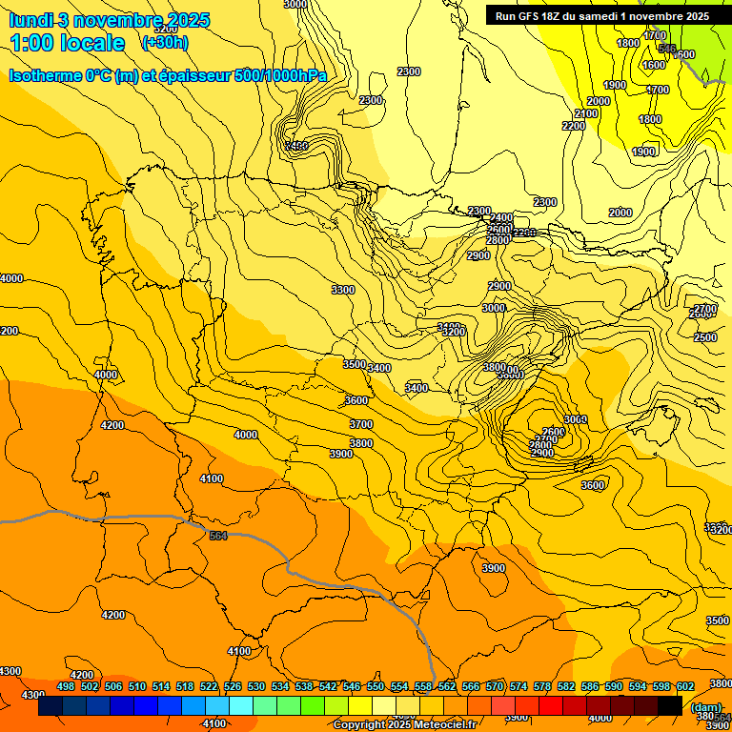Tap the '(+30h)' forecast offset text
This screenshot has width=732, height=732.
tap(165, 42)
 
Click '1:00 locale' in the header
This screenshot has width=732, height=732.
tap(68, 43)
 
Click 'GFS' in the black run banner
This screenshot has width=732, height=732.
tap(531, 16)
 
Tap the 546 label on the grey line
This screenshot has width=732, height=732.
tap(667, 49)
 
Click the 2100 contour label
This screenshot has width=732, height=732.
tap(586, 113)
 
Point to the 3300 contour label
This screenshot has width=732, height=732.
tap(342, 290)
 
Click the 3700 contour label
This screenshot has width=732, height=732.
tap(360, 424)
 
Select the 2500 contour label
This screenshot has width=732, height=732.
tap(705, 337)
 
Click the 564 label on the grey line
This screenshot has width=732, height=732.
tap(218, 537)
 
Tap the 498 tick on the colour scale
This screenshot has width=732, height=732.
tap(66, 686)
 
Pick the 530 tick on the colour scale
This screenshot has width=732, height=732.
tap(256, 686)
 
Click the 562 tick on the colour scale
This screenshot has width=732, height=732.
tap(447, 686)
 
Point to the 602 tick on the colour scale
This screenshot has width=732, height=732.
tap(685, 686)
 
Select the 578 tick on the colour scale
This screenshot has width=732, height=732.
tap(542, 686)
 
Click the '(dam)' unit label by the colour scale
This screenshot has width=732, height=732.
tap(705, 707)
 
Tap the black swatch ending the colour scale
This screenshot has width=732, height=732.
tap(670, 705)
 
